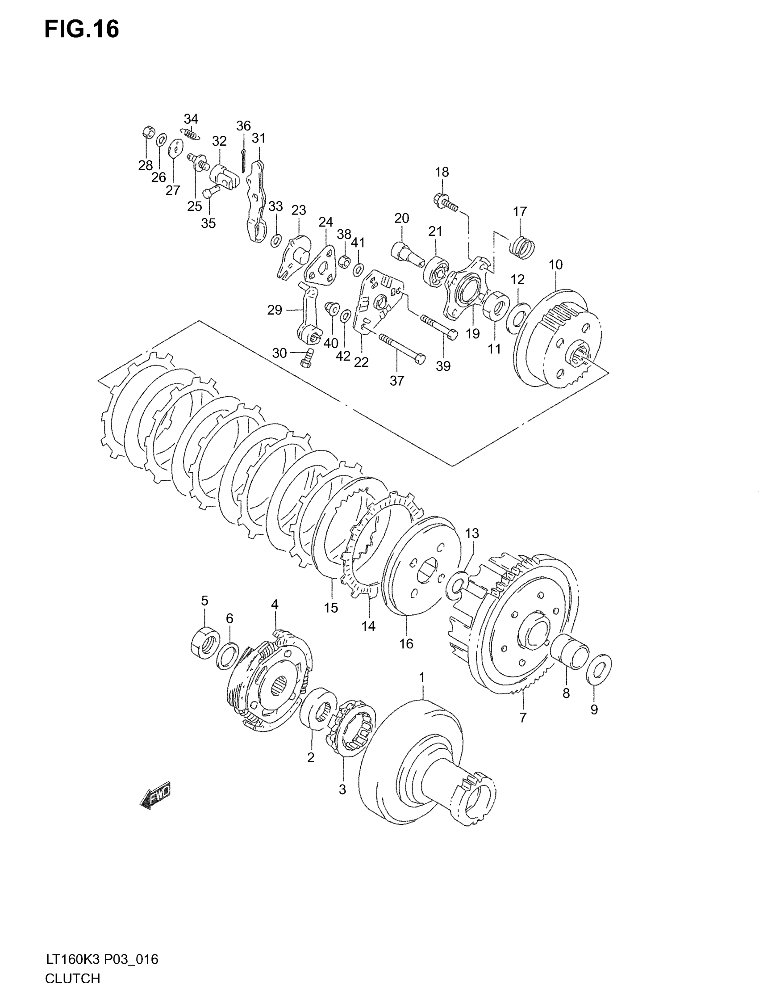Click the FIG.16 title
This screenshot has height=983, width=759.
[82, 29]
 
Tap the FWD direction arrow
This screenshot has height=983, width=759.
[155, 796]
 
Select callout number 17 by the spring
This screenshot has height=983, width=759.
[520, 211]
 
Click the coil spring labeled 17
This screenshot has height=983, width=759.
[522, 248]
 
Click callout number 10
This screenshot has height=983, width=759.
[556, 265]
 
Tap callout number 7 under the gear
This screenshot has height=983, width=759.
[522, 718]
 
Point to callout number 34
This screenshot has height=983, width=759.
[191, 119]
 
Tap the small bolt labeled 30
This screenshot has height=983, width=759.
[306, 359]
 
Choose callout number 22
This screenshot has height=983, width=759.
[361, 362]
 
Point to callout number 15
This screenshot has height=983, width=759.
[331, 608]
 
